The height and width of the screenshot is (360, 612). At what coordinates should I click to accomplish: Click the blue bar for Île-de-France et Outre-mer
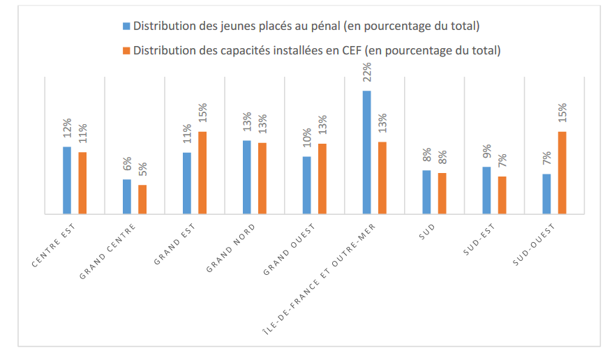[366, 152]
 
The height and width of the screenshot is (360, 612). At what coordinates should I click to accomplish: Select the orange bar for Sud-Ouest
[562, 172]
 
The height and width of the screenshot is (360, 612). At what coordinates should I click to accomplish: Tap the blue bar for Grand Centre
[127, 196]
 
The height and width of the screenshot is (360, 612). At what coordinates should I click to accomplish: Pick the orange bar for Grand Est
[202, 172]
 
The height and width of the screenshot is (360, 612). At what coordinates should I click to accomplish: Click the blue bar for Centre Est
[67, 180]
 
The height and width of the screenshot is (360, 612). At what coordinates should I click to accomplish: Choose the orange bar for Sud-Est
[502, 195]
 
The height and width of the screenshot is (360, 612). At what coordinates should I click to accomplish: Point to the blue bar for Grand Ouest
[306, 185]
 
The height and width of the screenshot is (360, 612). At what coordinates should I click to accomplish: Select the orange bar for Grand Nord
[262, 178]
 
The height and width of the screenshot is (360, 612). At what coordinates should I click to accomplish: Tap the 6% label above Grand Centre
[127, 165]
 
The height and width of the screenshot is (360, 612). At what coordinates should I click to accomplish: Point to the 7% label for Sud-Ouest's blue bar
[546, 159]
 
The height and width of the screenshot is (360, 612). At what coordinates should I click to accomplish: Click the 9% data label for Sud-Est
[486, 152]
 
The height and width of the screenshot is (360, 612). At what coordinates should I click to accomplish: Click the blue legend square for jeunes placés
[126, 27]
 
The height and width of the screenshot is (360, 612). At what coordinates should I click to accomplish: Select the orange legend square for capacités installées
[126, 50]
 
